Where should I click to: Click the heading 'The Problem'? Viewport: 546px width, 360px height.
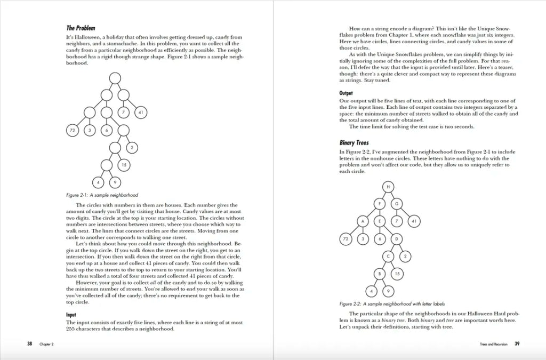click(81, 28)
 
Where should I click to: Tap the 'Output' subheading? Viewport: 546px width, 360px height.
click(346, 93)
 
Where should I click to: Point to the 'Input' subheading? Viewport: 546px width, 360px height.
click(71, 315)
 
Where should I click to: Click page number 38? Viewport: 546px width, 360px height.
click(30, 343)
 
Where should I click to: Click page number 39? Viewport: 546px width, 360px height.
click(517, 343)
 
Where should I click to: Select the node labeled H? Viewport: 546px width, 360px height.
click(388, 186)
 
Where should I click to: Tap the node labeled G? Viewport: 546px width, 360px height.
click(396, 204)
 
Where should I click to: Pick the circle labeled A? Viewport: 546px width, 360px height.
click(363, 221)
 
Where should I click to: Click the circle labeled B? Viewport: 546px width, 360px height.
click(379, 274)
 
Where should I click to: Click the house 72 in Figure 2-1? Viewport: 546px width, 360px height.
click(73, 130)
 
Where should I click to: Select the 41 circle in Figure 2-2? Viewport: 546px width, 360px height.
click(413, 221)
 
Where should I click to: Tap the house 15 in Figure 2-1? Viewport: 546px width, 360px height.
click(123, 165)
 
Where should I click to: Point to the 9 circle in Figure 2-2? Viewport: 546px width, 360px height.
click(388, 291)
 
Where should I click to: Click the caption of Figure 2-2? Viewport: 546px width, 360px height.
click(388, 304)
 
